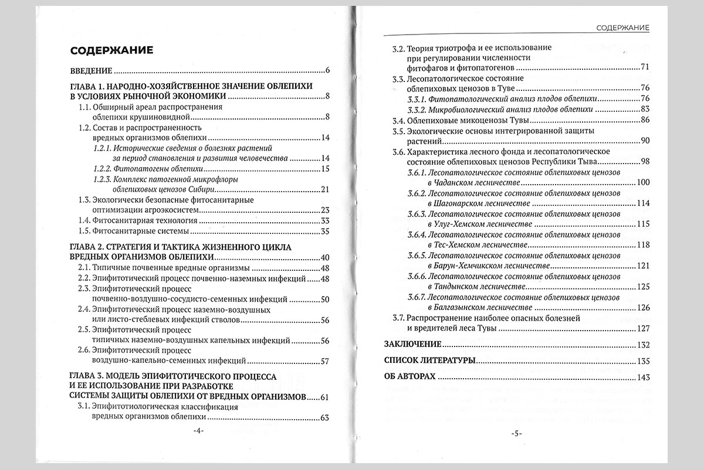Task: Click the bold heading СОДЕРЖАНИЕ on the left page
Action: pyautogui.click(x=112, y=50)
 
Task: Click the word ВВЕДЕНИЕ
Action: pyautogui.click(x=90, y=71)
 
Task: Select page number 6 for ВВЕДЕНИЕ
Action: pyautogui.click(x=327, y=71)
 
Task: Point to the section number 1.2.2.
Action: pyautogui.click(x=103, y=169)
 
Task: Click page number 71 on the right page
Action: pyautogui.click(x=646, y=67)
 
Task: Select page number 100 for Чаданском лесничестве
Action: pyautogui.click(x=644, y=183)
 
